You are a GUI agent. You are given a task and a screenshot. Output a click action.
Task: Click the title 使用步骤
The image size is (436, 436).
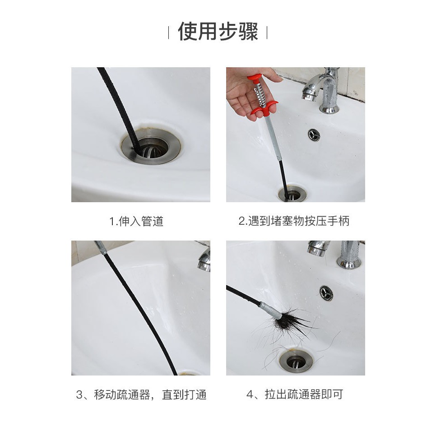coord(218,31)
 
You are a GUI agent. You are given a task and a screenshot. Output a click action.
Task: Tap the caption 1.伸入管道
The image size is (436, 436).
coord(136,221)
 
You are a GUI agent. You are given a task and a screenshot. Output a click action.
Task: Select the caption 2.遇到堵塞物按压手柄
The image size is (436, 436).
coord(294,221)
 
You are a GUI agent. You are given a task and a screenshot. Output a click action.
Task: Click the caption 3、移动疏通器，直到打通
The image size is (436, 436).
coord(141,394)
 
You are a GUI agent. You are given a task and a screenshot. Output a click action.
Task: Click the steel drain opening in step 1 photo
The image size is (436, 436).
coord(151,145)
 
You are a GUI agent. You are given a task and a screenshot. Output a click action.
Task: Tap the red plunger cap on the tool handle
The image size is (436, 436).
coord(254,78)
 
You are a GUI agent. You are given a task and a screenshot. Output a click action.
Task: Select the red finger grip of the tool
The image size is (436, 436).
coord(264,108)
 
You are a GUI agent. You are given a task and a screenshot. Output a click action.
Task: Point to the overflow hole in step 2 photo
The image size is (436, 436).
coord(314,135)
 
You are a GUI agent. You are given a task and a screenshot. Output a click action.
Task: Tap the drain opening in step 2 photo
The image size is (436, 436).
coord(292,194)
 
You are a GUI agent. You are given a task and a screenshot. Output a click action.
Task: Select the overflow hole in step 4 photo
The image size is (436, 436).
coord(325,293)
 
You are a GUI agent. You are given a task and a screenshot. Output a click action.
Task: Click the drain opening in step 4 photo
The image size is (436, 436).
coord(296,362)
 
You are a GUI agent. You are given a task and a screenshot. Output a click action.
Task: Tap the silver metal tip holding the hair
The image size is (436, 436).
coord(271,311)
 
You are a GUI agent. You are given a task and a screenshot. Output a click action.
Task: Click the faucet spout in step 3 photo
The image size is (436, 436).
coord(205,260)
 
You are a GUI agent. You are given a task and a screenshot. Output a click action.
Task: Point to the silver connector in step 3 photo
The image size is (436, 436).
coord(101,248)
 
